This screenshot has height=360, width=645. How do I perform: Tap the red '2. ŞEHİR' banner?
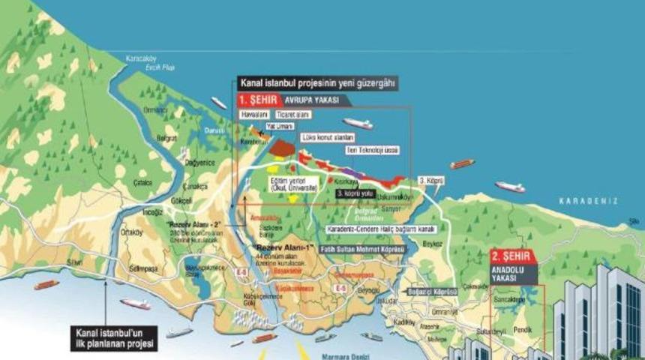pos(514,255)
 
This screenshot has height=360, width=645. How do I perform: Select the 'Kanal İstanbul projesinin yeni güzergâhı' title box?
pos(317,84)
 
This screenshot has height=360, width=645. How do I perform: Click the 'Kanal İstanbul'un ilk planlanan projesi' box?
pos(114,338)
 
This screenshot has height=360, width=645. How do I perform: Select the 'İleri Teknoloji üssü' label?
pos(372,150)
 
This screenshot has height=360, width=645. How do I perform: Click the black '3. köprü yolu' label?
pos(354,193)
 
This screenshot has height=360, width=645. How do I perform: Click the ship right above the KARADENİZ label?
pos(509,187)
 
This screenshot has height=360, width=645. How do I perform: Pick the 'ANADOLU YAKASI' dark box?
pos(514,274)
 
